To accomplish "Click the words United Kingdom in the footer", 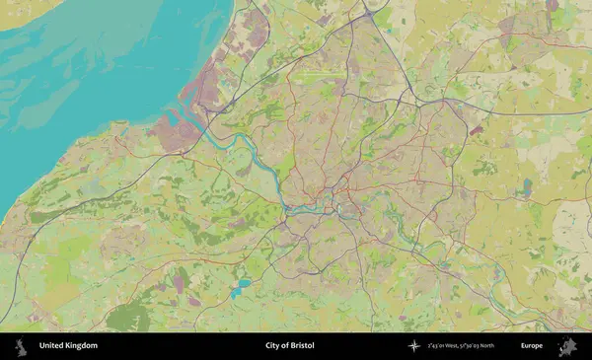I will click(x=68, y=346).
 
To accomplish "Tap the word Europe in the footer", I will click(x=532, y=346).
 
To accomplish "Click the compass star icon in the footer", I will click(x=414, y=346).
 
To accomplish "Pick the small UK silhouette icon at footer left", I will click(x=20, y=346).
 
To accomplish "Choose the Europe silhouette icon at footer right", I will click(x=567, y=346).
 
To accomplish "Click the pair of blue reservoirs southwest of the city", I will click(x=241, y=287).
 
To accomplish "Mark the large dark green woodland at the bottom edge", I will click(x=128, y=318).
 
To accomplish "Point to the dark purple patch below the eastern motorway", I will click(x=477, y=129).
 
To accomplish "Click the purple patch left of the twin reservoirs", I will click(x=181, y=284).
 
